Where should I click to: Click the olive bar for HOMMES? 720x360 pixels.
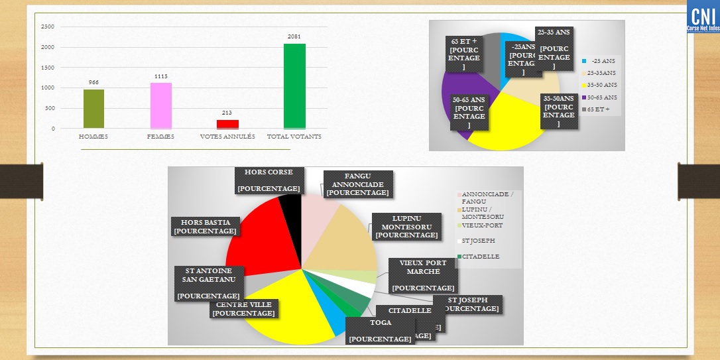pos(93,109)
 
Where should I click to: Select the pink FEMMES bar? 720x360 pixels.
pos(161,105)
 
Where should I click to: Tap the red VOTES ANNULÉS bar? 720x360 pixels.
pos(227,124)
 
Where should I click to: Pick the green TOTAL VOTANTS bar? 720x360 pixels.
pos(294,86)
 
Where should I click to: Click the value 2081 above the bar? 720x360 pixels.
pos(294,37)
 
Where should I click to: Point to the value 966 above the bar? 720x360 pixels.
pos(93,82)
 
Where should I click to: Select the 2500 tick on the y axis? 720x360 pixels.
pos(48,27)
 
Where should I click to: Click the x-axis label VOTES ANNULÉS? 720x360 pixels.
pos(227,137)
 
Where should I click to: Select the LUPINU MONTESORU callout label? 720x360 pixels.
pos(406,227)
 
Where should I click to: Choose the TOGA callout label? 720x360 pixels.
pos(380,331)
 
